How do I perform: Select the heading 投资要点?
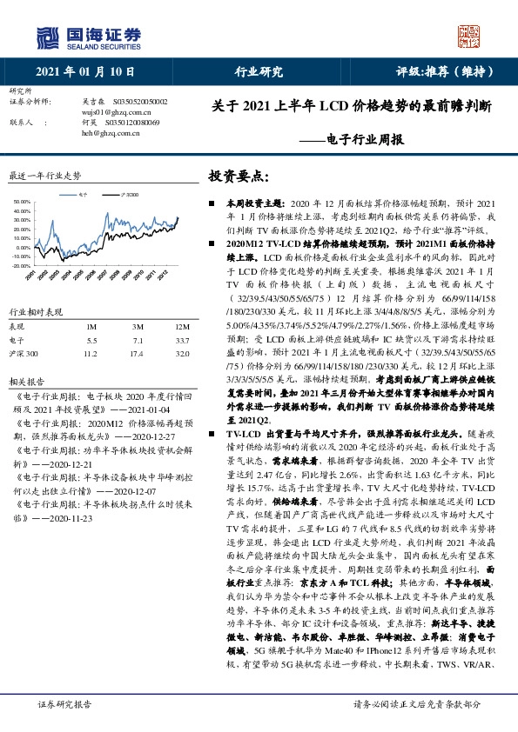pyautogui.click(x=236, y=176)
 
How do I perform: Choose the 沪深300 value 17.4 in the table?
pyautogui.click(x=135, y=354)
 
